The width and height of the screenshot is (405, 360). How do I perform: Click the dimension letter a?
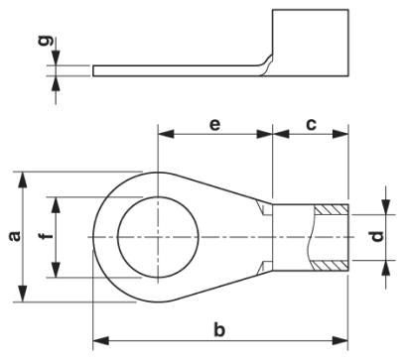coord(13,237)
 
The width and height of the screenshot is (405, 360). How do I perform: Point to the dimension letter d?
coord(375,237)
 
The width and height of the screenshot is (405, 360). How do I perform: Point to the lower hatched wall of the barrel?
coord(330,266)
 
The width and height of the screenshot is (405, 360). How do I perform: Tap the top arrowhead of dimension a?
coord(23,176)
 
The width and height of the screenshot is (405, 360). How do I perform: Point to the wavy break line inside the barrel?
coord(311,238)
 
